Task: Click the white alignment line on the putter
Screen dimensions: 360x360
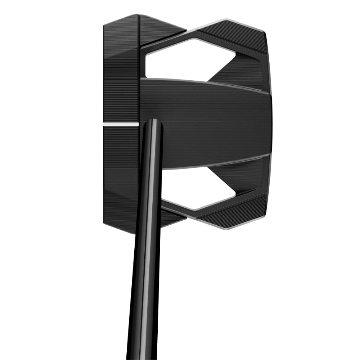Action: tap(121, 124)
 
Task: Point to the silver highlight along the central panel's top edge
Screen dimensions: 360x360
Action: tap(205, 81)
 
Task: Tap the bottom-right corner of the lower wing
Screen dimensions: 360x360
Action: tap(266, 216)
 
